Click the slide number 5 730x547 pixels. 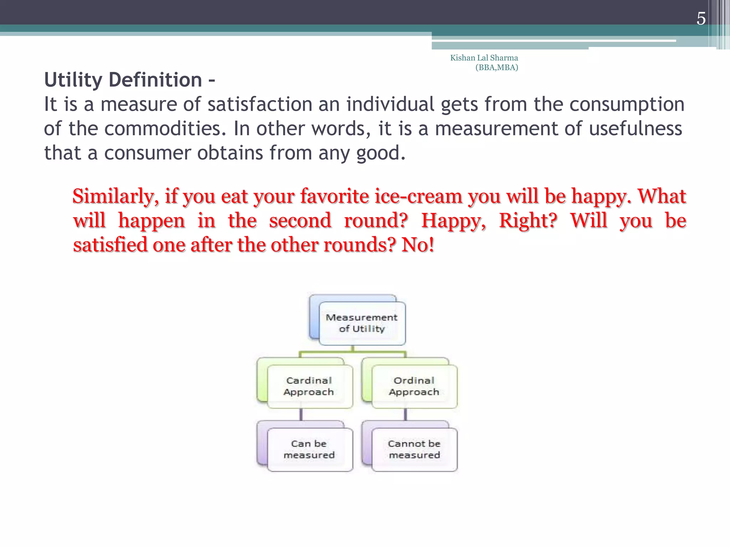tap(701, 19)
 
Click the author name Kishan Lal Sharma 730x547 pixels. tap(484, 58)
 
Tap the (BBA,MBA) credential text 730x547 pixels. tap(497, 67)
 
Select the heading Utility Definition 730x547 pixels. tap(123, 80)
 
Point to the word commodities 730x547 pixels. tap(165, 129)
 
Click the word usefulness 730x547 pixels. tap(635, 129)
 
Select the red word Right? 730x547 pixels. tap(528, 221)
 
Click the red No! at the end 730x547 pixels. tap(418, 245)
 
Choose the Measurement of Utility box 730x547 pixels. tap(361, 323)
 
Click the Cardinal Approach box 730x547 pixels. tap(309, 386)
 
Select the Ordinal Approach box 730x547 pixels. tap(414, 386)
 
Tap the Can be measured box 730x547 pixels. tap(309, 449)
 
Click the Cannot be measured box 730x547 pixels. tap(414, 449)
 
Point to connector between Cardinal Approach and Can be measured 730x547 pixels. tap(301, 415)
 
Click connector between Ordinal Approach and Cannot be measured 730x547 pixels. tap(406, 415)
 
